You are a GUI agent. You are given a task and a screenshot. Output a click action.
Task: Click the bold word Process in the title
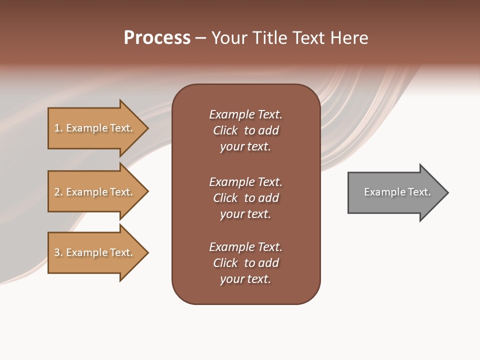[x=157, y=38]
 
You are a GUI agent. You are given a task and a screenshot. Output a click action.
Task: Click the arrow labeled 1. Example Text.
[x=93, y=128]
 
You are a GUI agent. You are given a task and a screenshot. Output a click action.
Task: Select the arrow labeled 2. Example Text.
[x=93, y=192]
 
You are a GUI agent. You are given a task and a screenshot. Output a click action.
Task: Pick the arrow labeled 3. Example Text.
[x=93, y=252]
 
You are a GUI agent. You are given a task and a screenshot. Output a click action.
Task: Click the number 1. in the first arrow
[x=58, y=128]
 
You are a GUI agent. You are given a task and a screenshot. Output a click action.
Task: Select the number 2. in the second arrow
[x=58, y=192]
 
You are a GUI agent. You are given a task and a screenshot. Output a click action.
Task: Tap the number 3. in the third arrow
[x=58, y=252]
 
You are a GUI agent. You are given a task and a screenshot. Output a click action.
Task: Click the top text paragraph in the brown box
[x=245, y=130]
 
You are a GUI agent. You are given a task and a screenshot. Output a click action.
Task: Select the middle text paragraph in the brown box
[x=245, y=198]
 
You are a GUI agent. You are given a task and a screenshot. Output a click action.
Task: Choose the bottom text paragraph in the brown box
[x=245, y=263]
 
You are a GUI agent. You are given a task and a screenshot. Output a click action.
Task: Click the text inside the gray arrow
[x=397, y=192]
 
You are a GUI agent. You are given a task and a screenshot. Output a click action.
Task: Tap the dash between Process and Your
[x=200, y=38]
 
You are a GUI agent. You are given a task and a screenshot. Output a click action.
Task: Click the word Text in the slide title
[x=309, y=38]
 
